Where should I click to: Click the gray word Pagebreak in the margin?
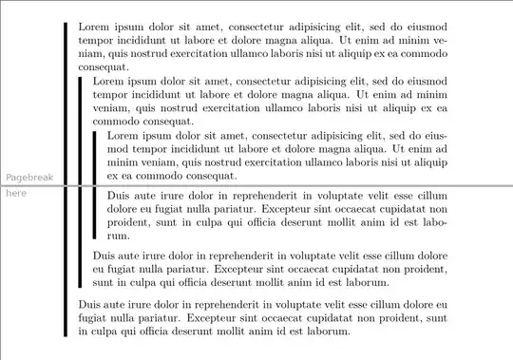(x=30, y=178)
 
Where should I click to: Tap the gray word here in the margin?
(x=16, y=193)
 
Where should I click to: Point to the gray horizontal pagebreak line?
(x=256, y=185)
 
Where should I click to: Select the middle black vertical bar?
(x=80, y=180)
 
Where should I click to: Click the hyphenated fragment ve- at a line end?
(x=439, y=42)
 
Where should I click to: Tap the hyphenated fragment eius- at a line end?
(x=433, y=136)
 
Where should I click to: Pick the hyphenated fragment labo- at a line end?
(x=433, y=221)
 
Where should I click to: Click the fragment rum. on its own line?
(x=118, y=235)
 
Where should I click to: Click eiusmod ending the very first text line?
(x=422, y=28)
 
